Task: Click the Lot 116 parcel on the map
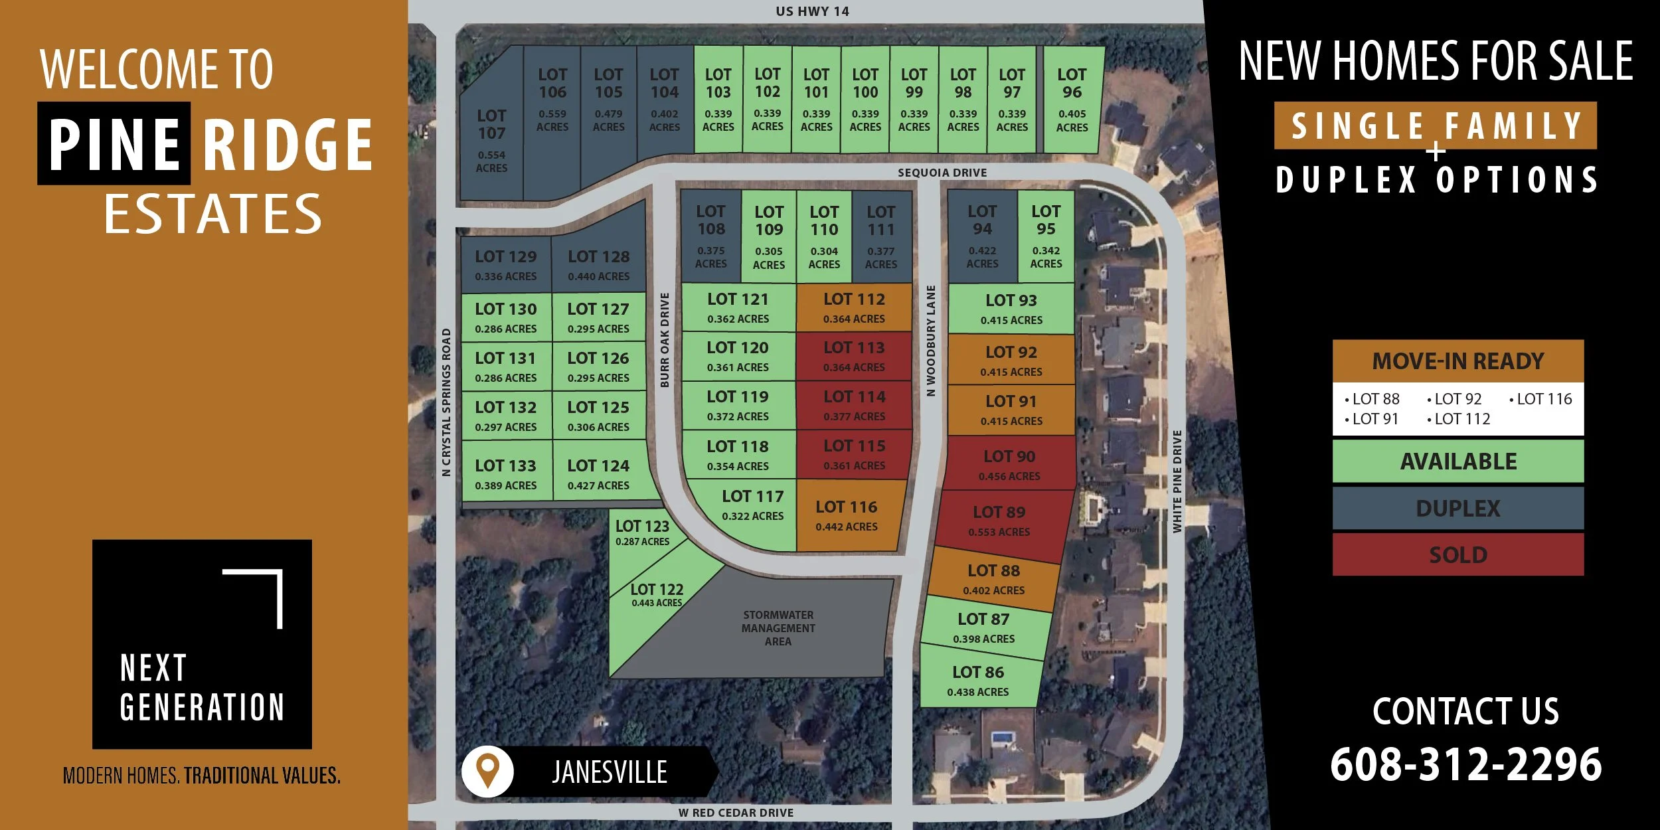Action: click(x=847, y=516)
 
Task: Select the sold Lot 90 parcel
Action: click(x=1009, y=465)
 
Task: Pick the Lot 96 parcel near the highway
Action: click(x=1072, y=100)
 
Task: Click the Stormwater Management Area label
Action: click(x=778, y=627)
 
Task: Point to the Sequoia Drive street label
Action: click(x=942, y=173)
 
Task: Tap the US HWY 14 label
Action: click(x=812, y=11)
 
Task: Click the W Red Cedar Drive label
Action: click(x=736, y=813)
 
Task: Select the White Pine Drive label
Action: click(x=1177, y=481)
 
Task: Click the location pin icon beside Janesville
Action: click(x=488, y=771)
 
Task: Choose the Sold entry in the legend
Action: click(x=1457, y=554)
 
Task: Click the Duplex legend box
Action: click(x=1457, y=508)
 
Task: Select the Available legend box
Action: click(x=1457, y=461)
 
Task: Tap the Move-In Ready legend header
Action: click(x=1457, y=361)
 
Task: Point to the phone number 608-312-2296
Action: click(x=1465, y=764)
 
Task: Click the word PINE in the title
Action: click(x=114, y=143)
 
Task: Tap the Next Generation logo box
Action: click(x=202, y=643)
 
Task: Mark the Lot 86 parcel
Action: click(x=978, y=681)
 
